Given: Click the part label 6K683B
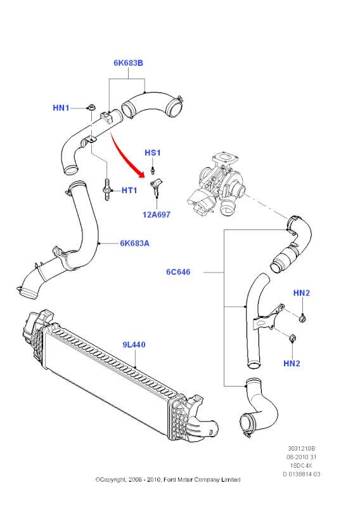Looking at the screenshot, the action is tap(128, 63).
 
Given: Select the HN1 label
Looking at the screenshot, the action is tap(61, 108).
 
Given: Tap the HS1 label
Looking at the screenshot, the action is tap(152, 153).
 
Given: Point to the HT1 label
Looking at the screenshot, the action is tap(129, 191).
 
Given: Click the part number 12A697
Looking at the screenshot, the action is tap(157, 214).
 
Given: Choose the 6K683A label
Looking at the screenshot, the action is tap(134, 243).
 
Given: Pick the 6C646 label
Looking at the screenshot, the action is tap(178, 272).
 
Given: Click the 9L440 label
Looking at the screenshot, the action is tap(134, 345).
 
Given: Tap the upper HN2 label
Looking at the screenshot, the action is tap(302, 293).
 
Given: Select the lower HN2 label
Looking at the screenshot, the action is tap(292, 363).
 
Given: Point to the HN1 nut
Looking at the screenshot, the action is tap(91, 107).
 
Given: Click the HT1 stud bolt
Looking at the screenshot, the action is tap(107, 189).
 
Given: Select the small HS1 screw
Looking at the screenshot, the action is tap(153, 170).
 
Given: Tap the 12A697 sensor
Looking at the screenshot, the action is tap(156, 186).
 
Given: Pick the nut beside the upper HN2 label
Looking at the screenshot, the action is tap(302, 319).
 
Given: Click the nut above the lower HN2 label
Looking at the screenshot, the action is tap(292, 338).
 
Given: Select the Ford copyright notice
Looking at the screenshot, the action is tap(168, 480).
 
